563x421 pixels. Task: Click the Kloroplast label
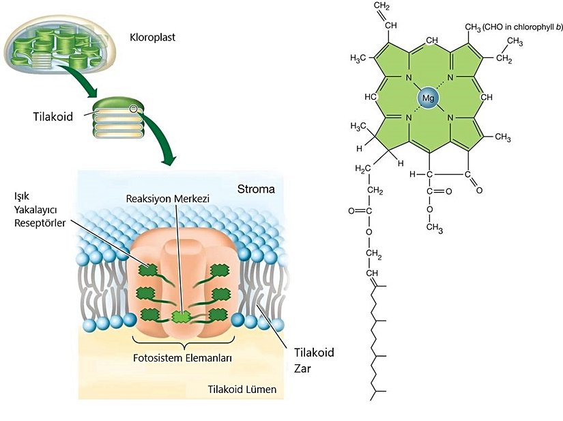151,37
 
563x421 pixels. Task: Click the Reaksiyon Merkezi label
168,198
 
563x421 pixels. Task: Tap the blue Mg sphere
429,98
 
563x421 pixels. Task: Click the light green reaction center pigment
181,316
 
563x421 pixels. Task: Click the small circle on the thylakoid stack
134,108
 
